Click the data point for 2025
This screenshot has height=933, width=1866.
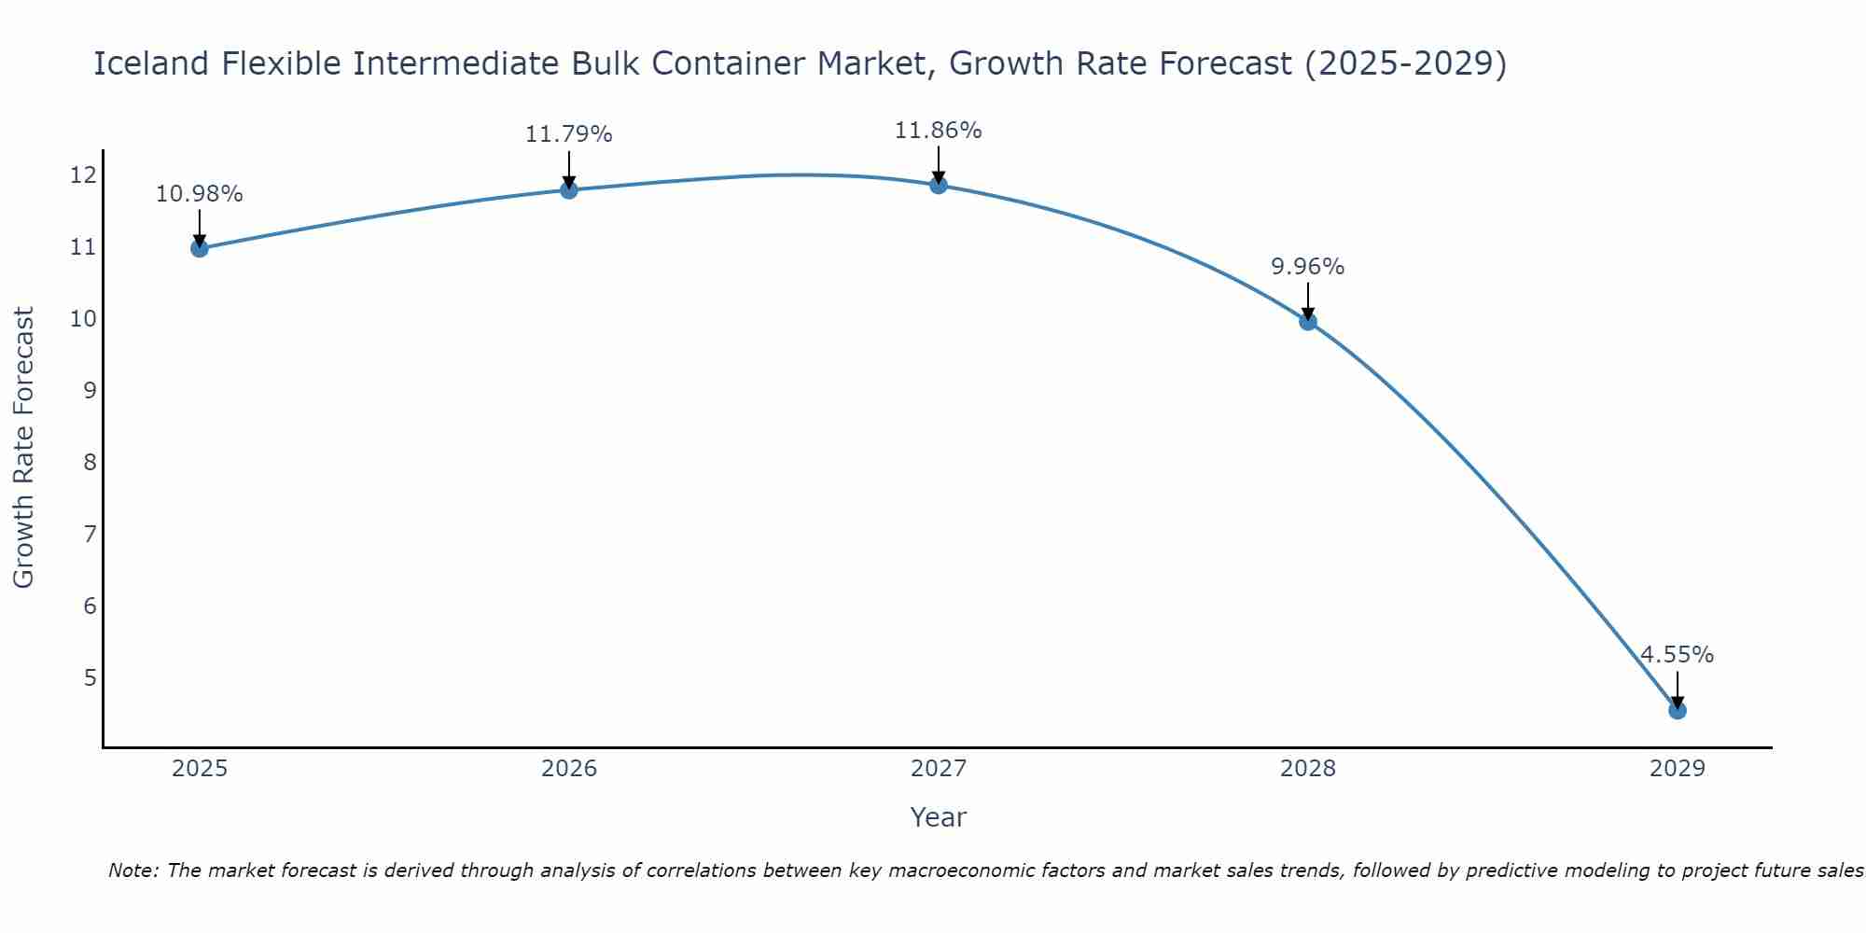point(200,248)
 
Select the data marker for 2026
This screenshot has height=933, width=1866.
point(569,190)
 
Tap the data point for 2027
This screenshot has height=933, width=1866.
point(939,185)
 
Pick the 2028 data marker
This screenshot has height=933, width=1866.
point(1308,322)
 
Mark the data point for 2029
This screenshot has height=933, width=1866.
point(1678,711)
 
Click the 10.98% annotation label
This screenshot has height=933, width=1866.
point(199,194)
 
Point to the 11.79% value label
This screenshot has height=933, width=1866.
point(568,134)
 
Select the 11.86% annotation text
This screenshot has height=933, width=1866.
point(938,131)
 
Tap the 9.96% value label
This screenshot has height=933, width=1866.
point(1307,267)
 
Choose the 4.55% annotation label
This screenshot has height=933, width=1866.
point(1677,655)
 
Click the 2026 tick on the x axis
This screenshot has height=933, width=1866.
point(569,769)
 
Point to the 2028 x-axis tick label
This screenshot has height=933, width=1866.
point(1308,769)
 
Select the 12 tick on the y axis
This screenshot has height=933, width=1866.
point(83,175)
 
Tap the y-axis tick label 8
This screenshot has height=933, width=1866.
point(90,463)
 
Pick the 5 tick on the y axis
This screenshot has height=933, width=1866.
point(90,677)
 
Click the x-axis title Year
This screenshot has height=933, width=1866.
point(938,817)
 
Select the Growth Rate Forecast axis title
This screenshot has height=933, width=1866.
point(23,448)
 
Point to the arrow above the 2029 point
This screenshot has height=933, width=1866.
point(1678,689)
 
